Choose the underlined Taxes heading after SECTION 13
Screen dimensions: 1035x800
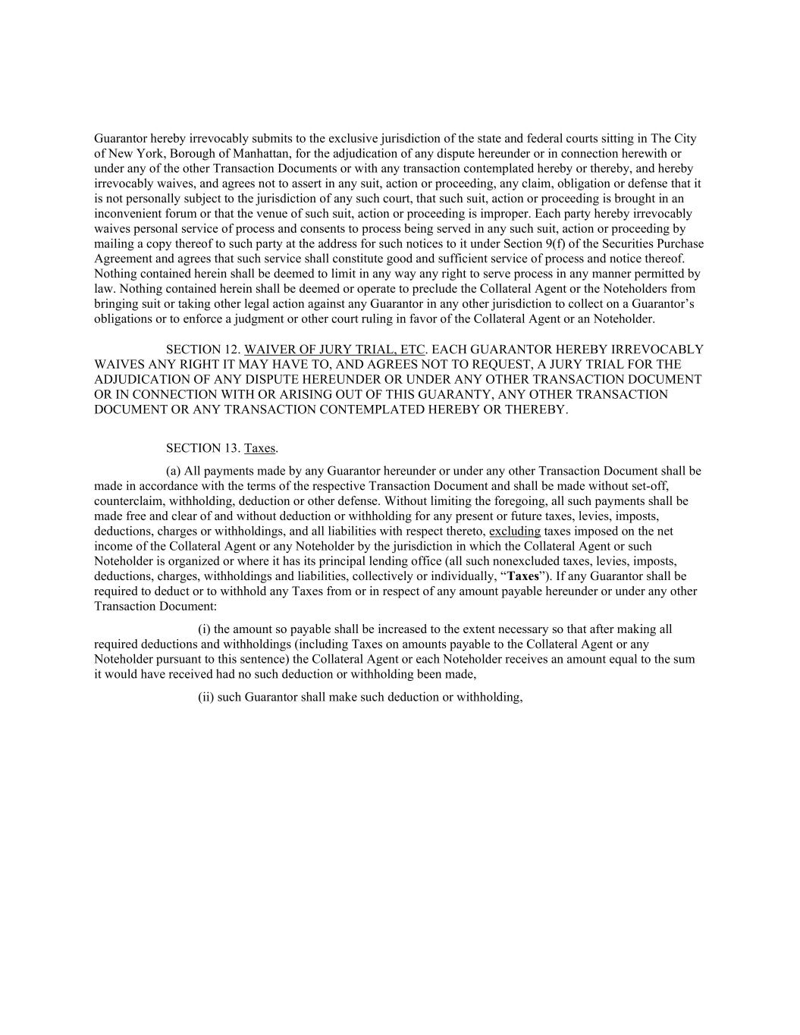[260, 448]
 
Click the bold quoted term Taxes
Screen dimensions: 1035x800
[523, 576]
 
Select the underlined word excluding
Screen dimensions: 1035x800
[515, 531]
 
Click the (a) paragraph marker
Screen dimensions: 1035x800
[174, 471]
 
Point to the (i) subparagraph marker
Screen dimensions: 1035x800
[205, 629]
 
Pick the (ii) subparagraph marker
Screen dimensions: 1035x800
[206, 697]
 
